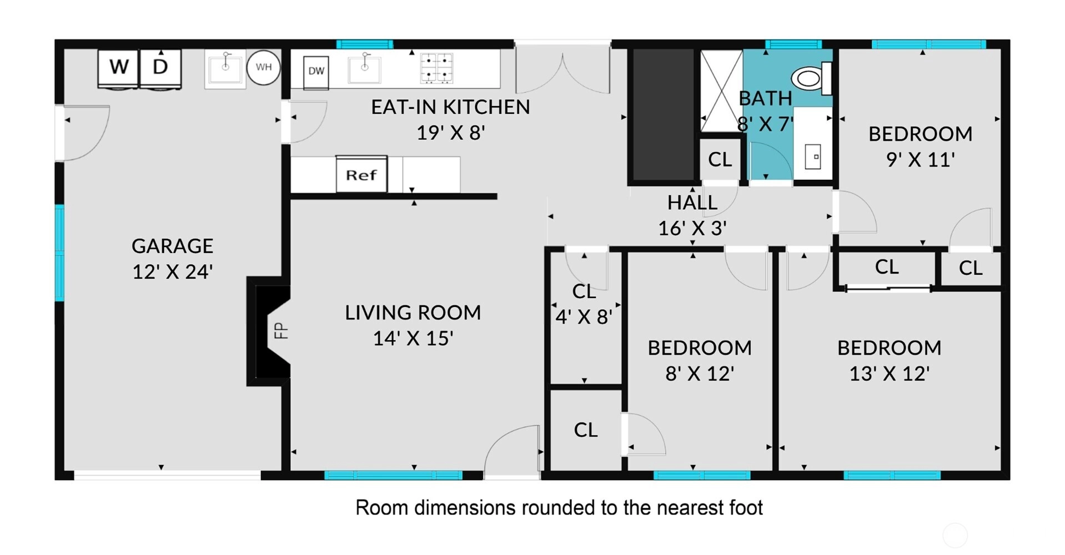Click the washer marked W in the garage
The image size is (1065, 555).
[118, 69]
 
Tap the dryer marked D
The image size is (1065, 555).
[160, 69]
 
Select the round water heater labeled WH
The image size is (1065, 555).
[263, 68]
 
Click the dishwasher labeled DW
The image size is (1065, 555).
[316, 72]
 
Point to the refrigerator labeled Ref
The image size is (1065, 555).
[361, 174]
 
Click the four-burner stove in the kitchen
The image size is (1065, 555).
[436, 68]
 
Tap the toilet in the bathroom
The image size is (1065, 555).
[812, 78]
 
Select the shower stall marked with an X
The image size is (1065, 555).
[721, 91]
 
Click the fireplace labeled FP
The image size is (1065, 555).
[269, 331]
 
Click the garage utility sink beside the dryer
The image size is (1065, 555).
[225, 69]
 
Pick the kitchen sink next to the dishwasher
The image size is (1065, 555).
[364, 69]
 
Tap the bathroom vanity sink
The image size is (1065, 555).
[813, 157]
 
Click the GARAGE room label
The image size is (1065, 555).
[172, 246]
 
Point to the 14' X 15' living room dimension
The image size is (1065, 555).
[413, 338]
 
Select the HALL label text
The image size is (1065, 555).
[692, 203]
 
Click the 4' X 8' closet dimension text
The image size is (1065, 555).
[584, 317]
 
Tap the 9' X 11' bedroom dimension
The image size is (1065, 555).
[921, 160]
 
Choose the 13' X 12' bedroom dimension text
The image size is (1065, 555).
[890, 374]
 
